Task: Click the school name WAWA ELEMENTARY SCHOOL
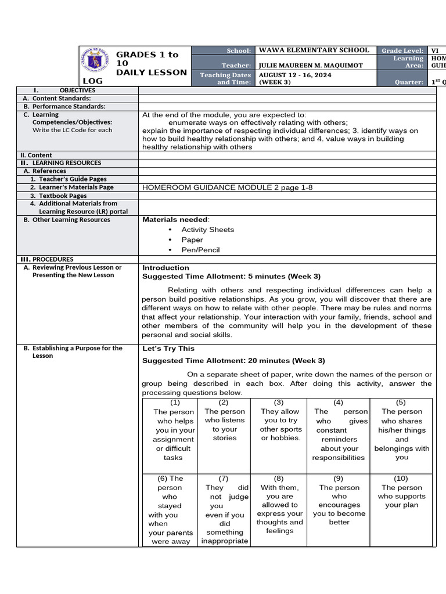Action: click(314, 50)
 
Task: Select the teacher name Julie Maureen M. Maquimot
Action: click(311, 66)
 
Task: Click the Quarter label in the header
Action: click(409, 82)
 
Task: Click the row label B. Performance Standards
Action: click(64, 107)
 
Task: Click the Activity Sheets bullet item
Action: click(207, 230)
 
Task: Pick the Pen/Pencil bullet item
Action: click(200, 250)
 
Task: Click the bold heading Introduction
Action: click(166, 268)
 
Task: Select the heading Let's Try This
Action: click(168, 349)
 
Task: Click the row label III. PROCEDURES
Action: click(46, 259)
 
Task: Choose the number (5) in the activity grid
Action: click(401, 403)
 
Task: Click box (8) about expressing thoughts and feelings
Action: click(279, 505)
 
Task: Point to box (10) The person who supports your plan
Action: click(401, 492)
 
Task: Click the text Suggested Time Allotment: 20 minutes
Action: click(233, 361)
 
